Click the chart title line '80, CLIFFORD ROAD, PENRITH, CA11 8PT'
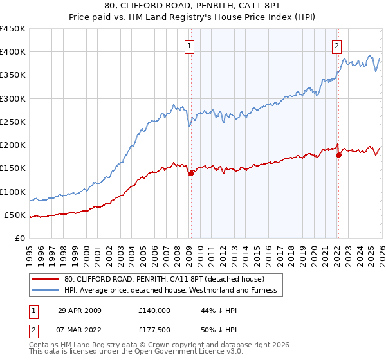(192, 7)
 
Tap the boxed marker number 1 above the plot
(190, 46)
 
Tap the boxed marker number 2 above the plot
(336, 46)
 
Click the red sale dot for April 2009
(191, 173)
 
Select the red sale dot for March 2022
(338, 155)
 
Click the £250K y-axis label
(13, 122)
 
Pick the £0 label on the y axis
(19, 238)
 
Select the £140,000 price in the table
(154, 310)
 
